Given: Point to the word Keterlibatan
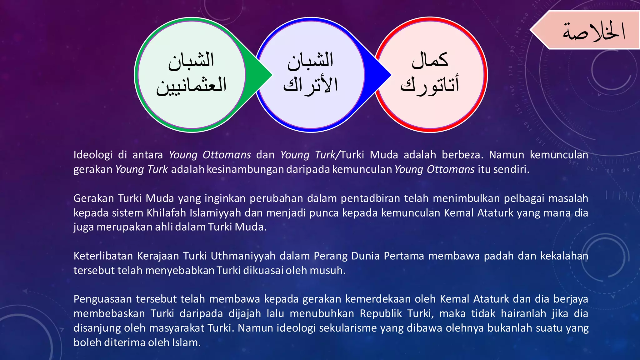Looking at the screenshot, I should (x=103, y=256).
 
